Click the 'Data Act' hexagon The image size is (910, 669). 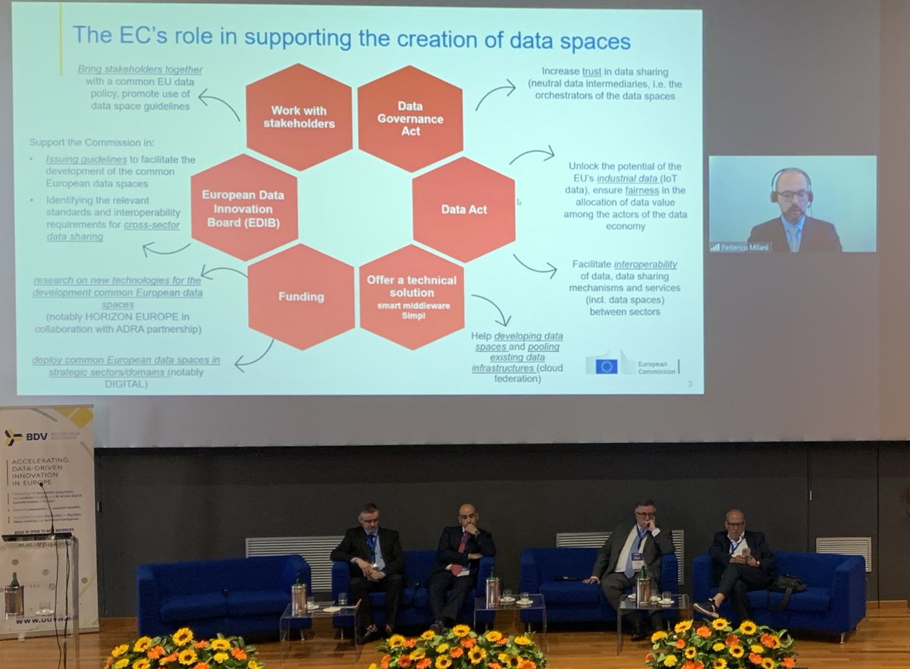464,209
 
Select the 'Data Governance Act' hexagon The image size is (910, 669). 410,118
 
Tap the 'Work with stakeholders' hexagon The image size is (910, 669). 299,117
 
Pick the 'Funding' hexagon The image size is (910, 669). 301,297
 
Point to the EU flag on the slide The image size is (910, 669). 606,366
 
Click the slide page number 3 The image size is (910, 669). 689,385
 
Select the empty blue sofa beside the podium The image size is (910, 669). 220,592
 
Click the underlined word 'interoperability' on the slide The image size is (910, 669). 645,265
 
